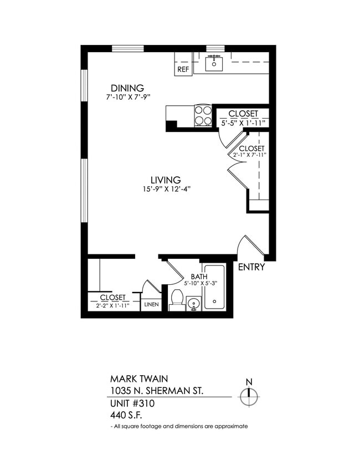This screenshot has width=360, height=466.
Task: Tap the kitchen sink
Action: coord(214,64)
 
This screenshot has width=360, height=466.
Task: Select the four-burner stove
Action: coord(203,115)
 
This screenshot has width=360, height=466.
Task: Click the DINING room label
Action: coord(127,88)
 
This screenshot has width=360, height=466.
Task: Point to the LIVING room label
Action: coord(166,180)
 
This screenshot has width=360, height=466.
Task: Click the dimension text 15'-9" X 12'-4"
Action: coord(166,190)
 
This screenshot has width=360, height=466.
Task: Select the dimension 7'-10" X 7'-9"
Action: coord(128,97)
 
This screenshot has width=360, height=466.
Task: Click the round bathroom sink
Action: coord(193,304)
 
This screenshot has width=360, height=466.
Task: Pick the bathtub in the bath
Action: coord(214,288)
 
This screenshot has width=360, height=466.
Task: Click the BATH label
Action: coord(199,276)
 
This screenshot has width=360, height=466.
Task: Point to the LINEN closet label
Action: coord(151,305)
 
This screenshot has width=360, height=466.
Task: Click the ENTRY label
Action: coord(251,267)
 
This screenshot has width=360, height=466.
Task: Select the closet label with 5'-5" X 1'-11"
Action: coord(243,114)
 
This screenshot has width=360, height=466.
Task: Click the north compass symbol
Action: coord(249,395)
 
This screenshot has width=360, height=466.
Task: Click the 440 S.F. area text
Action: coord(126,413)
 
